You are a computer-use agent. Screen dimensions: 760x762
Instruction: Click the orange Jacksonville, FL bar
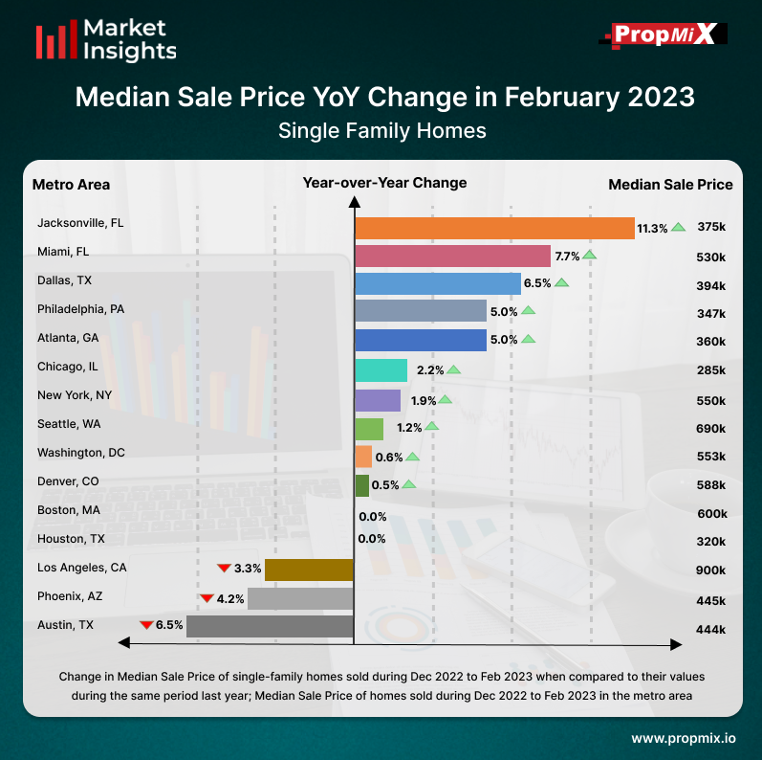point(494,228)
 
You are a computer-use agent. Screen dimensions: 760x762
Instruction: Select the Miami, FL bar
point(452,257)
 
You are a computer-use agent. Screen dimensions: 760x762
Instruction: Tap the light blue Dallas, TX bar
point(437,284)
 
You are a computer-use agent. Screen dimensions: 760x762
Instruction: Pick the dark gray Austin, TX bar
point(270,627)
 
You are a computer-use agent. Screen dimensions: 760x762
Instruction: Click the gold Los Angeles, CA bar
point(309,570)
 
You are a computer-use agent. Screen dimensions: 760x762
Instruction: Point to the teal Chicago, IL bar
point(381,369)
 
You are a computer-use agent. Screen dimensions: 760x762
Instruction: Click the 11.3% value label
point(652,228)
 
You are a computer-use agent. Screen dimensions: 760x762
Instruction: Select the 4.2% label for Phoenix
point(230,599)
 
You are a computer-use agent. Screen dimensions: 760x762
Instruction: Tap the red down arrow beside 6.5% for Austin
point(146,625)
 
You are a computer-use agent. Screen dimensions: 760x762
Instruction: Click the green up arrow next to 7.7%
point(590,255)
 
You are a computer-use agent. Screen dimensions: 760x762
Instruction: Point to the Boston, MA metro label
point(69,510)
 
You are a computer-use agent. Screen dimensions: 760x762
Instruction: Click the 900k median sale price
point(710,570)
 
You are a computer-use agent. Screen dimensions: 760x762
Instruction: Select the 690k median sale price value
point(710,429)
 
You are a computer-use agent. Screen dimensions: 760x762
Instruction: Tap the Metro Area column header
point(71,185)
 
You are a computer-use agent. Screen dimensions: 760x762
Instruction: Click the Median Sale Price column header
point(670,185)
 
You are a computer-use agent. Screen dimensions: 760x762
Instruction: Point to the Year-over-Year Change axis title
point(384,183)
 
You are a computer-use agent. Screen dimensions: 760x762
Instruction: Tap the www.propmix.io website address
point(684,739)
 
